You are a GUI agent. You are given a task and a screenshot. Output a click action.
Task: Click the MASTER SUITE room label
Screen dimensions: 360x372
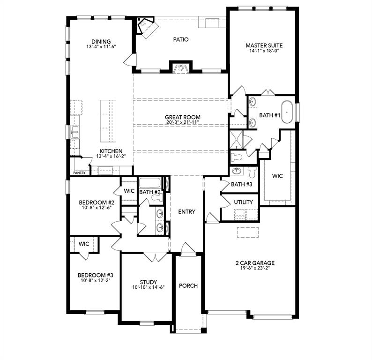click(264, 45)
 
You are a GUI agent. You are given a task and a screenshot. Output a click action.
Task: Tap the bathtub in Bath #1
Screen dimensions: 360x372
click(287, 112)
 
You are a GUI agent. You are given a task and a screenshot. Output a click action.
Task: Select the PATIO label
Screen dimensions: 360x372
click(180, 39)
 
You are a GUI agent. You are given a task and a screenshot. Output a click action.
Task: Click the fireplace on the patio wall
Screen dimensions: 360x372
click(181, 68)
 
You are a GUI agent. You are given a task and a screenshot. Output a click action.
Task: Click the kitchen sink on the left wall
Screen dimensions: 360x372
click(74, 133)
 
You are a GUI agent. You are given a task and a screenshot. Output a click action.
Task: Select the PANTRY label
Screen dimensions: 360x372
click(79, 173)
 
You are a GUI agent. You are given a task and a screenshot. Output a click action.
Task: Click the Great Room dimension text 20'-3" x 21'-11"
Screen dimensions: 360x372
click(183, 123)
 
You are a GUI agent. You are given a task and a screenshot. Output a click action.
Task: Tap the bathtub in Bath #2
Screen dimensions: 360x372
click(150, 182)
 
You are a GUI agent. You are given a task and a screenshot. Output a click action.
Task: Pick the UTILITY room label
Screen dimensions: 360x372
click(243, 202)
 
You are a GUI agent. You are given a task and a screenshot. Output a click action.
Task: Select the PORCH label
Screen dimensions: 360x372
click(188, 285)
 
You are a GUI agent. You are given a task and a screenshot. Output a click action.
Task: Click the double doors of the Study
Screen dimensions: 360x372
click(155, 257)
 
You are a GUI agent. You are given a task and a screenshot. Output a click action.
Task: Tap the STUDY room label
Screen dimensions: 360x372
click(148, 282)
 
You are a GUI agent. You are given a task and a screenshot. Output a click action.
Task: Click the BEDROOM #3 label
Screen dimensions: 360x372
click(92, 275)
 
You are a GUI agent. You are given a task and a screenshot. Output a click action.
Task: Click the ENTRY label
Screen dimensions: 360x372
click(186, 212)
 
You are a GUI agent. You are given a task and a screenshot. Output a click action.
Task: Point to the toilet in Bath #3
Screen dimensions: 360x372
click(252, 172)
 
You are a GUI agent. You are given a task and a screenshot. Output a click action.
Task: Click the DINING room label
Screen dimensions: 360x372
click(101, 41)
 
